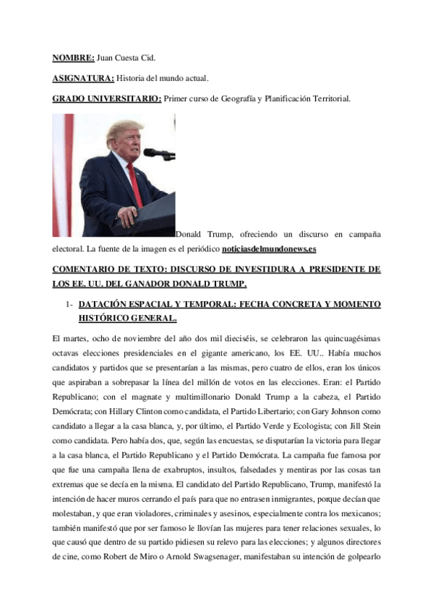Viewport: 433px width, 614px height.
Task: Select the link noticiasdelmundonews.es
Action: [269, 249]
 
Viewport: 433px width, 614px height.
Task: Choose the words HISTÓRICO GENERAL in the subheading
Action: [127, 318]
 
